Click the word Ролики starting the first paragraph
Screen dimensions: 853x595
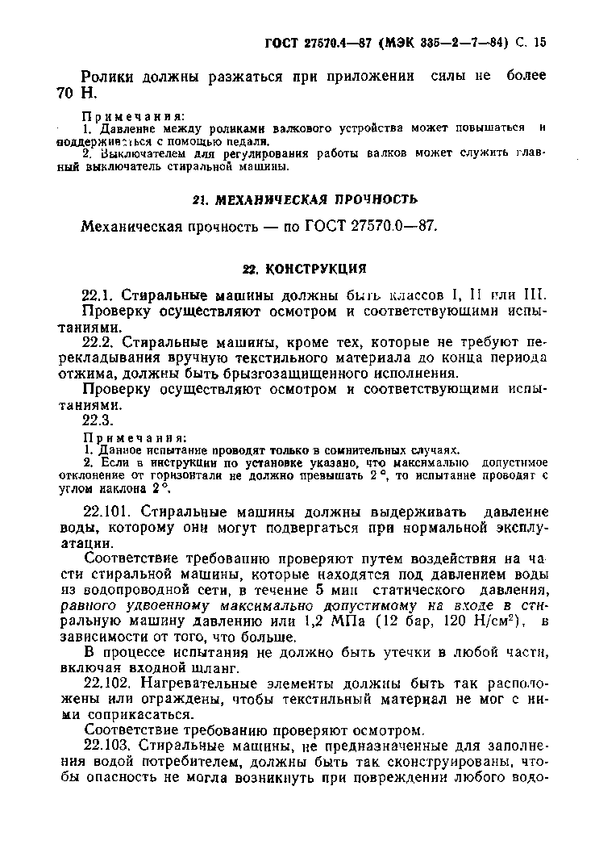point(110,77)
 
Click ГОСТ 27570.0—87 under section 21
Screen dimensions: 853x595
point(372,226)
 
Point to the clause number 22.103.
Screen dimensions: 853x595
point(106,746)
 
